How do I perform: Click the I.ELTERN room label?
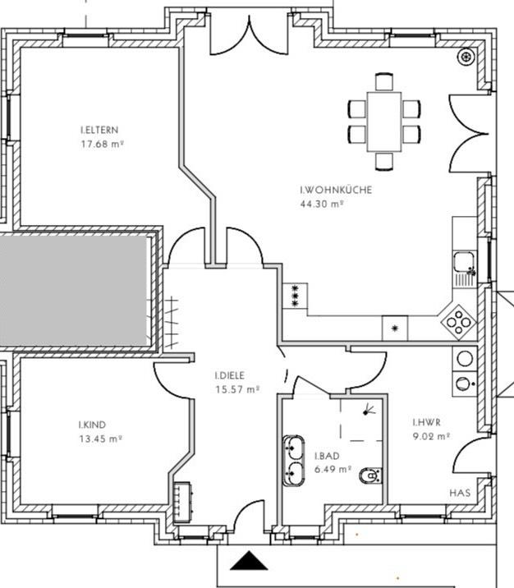pyautogui.click(x=99, y=131)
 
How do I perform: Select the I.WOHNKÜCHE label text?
pyautogui.click(x=336, y=191)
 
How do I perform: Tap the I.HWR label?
pyautogui.click(x=427, y=423)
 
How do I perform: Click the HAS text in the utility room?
pyautogui.click(x=460, y=493)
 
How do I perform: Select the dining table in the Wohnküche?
pyautogui.click(x=383, y=120)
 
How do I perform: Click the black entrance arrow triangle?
pyautogui.click(x=250, y=562)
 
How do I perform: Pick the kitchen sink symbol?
pyautogui.click(x=465, y=266)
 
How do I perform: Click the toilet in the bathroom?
pyautogui.click(x=370, y=475)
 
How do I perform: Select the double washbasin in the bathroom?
pyautogui.click(x=294, y=460)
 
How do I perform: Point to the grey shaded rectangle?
pyautogui.click(x=74, y=291)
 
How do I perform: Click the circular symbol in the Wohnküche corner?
pyautogui.click(x=467, y=57)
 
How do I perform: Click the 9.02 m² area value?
pyautogui.click(x=431, y=437)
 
